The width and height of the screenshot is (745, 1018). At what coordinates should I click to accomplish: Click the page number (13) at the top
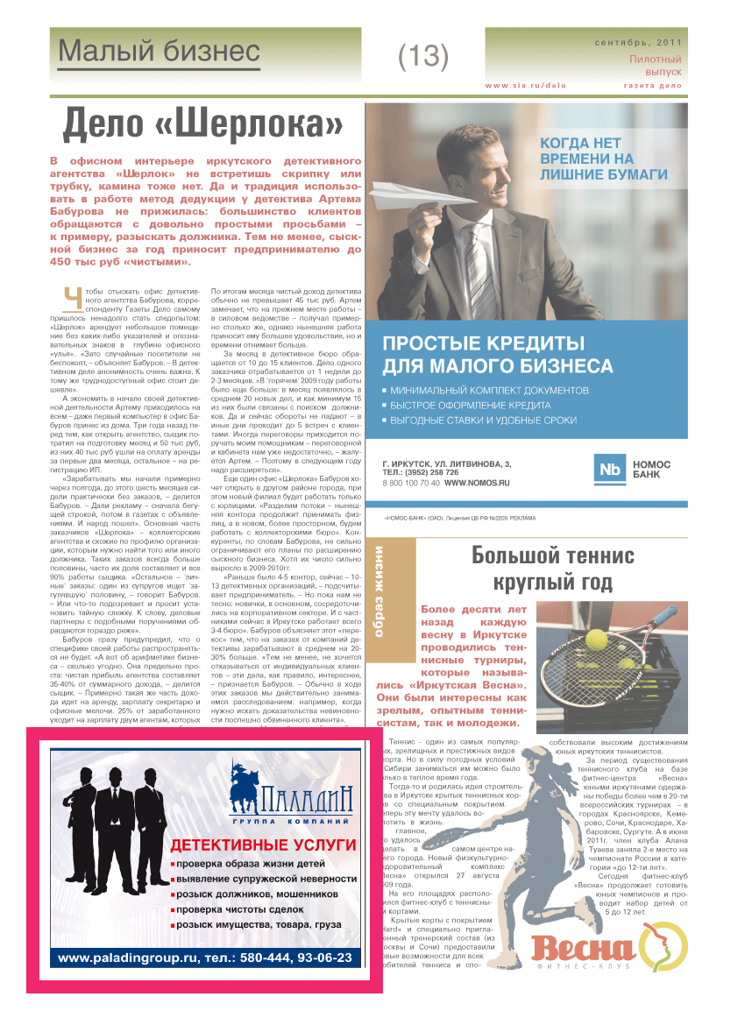click(423, 57)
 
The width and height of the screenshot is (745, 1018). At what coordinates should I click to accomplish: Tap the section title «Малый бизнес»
click(159, 52)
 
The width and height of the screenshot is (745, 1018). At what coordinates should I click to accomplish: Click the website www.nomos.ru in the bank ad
click(476, 483)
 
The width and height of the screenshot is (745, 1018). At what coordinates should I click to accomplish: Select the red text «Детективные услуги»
click(263, 845)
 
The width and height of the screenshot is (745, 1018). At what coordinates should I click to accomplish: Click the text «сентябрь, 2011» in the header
click(638, 42)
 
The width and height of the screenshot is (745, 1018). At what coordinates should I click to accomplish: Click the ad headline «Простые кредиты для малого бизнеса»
click(497, 353)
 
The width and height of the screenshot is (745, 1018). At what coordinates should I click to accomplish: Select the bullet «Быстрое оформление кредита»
click(471, 406)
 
